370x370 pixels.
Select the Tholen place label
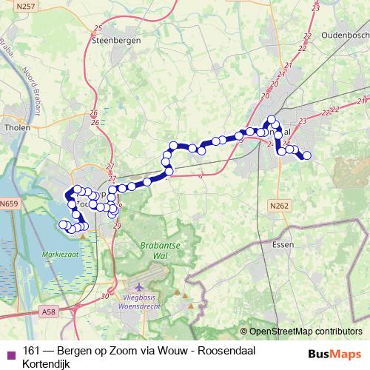click(16, 125)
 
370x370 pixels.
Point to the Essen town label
click(283, 243)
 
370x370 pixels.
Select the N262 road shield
click(279, 206)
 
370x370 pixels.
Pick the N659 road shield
click(10, 203)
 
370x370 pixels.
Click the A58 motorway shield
click(50, 314)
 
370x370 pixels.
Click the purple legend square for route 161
click(10, 353)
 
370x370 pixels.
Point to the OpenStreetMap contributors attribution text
click(306, 331)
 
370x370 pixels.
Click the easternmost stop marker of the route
click(306, 155)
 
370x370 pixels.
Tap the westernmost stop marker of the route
click(64, 223)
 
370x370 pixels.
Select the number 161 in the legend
click(31, 351)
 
